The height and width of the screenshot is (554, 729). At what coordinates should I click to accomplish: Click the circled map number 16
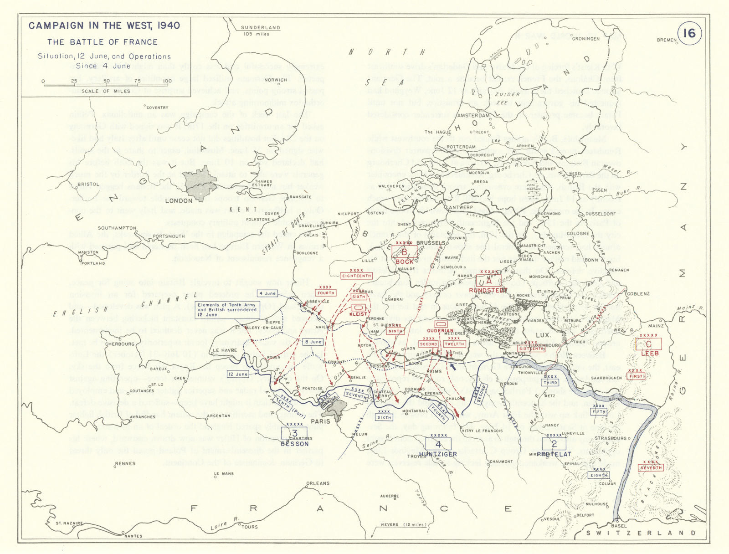[689, 33]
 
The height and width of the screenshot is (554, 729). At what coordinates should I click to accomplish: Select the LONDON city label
[179, 201]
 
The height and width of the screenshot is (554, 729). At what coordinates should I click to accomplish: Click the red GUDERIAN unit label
[441, 331]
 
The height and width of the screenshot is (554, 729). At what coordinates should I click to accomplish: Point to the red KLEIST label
[358, 314]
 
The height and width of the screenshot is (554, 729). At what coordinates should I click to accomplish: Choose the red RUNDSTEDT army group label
[488, 290]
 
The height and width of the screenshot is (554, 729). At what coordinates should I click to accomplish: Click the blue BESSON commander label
[295, 444]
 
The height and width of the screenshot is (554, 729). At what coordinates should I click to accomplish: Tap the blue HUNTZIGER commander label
[438, 454]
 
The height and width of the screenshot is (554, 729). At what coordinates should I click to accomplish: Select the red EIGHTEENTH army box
[356, 276]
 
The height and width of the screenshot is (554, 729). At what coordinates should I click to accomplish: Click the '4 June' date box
[267, 293]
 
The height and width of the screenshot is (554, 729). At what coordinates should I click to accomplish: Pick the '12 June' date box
[238, 374]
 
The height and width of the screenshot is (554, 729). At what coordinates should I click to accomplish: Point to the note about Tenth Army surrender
[227, 310]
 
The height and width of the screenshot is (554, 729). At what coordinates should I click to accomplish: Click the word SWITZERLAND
[641, 533]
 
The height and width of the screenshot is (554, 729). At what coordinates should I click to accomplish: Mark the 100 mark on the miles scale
[167, 82]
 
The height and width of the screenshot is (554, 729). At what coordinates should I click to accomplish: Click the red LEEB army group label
[650, 353]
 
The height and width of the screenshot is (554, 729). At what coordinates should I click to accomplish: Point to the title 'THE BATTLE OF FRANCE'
[103, 42]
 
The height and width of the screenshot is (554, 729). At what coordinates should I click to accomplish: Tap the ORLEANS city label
[318, 483]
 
